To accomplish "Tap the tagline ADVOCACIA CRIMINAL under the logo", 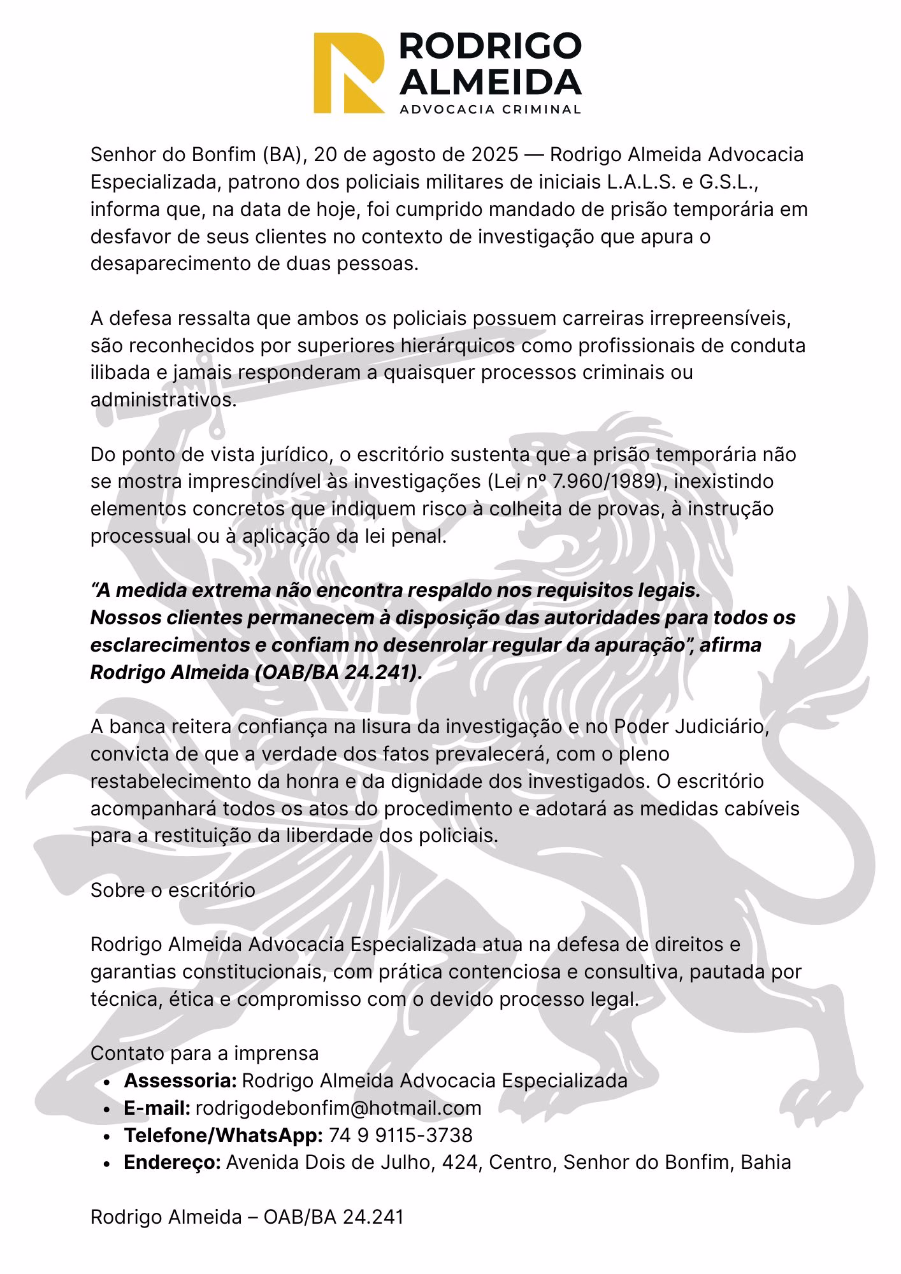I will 489,109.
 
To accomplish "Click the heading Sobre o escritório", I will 173,890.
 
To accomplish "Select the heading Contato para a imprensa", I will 205,1053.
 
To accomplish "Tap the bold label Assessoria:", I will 180,1080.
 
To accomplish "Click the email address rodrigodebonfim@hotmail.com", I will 338,1108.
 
